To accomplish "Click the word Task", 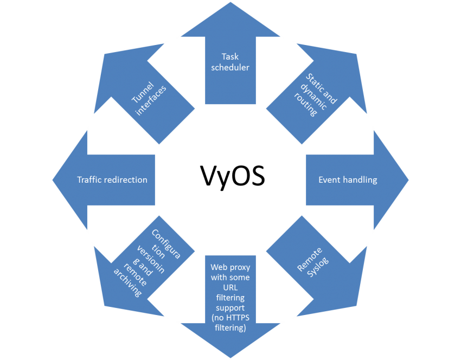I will [x=230, y=56].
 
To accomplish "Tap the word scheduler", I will [x=230, y=68].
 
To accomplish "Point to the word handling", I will [x=360, y=180].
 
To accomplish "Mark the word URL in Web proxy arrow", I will [x=230, y=287].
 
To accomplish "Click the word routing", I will [x=310, y=106].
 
